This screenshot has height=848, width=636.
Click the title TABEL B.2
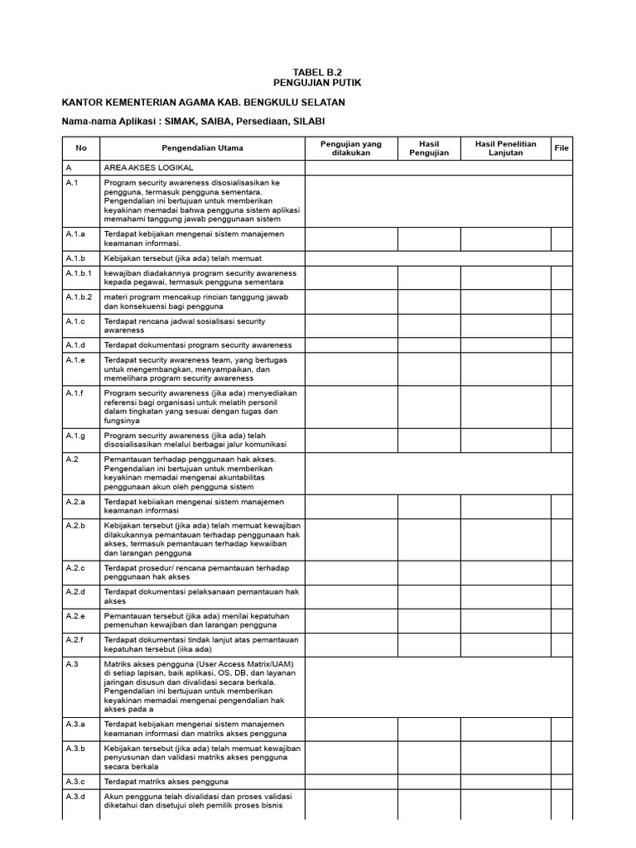[317, 72]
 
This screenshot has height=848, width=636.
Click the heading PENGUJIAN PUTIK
[317, 84]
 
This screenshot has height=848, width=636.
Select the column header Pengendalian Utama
[202, 148]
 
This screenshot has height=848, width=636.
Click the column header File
[561, 148]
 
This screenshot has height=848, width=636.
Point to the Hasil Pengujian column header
[429, 148]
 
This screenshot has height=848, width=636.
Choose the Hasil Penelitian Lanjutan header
[506, 148]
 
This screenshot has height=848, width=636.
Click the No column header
[81, 148]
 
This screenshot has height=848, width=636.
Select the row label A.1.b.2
[79, 296]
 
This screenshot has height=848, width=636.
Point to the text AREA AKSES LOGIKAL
[148, 167]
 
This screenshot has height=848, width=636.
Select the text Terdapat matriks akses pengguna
[166, 781]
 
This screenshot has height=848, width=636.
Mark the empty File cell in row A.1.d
[561, 344]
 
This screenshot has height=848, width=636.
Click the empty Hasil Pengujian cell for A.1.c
[429, 325]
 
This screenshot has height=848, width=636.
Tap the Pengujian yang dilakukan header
[351, 148]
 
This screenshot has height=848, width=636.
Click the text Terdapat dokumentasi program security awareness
[198, 344]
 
